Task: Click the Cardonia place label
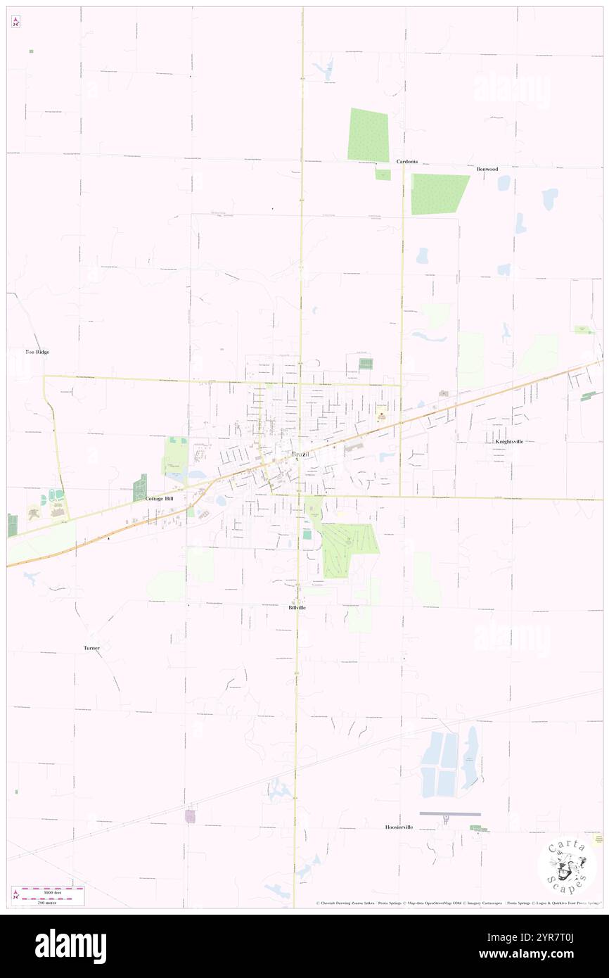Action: tap(406, 161)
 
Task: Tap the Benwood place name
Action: tap(487, 169)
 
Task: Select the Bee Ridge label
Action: tap(37, 351)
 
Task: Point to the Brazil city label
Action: tap(300, 455)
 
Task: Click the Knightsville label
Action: tap(509, 441)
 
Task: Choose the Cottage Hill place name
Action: tap(159, 498)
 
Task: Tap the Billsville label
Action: tap(297, 607)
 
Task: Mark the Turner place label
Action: tap(91, 647)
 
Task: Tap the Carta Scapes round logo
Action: tap(567, 865)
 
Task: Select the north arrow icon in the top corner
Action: tap(15, 21)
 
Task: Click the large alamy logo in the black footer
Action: tap(70, 946)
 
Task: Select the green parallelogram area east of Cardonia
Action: tap(439, 193)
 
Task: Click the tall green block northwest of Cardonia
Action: tap(368, 134)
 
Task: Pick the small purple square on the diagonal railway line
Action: tap(190, 816)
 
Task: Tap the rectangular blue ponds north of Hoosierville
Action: tap(440, 763)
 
